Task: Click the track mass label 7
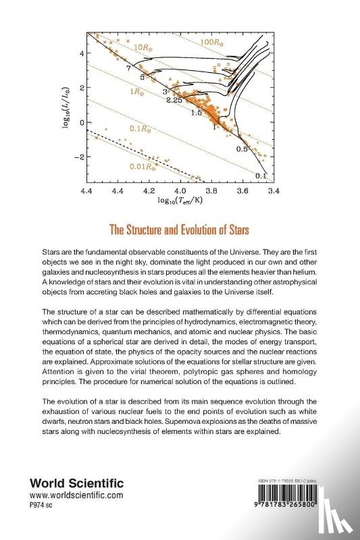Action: pos(127,68)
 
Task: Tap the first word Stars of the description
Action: pos(54,251)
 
